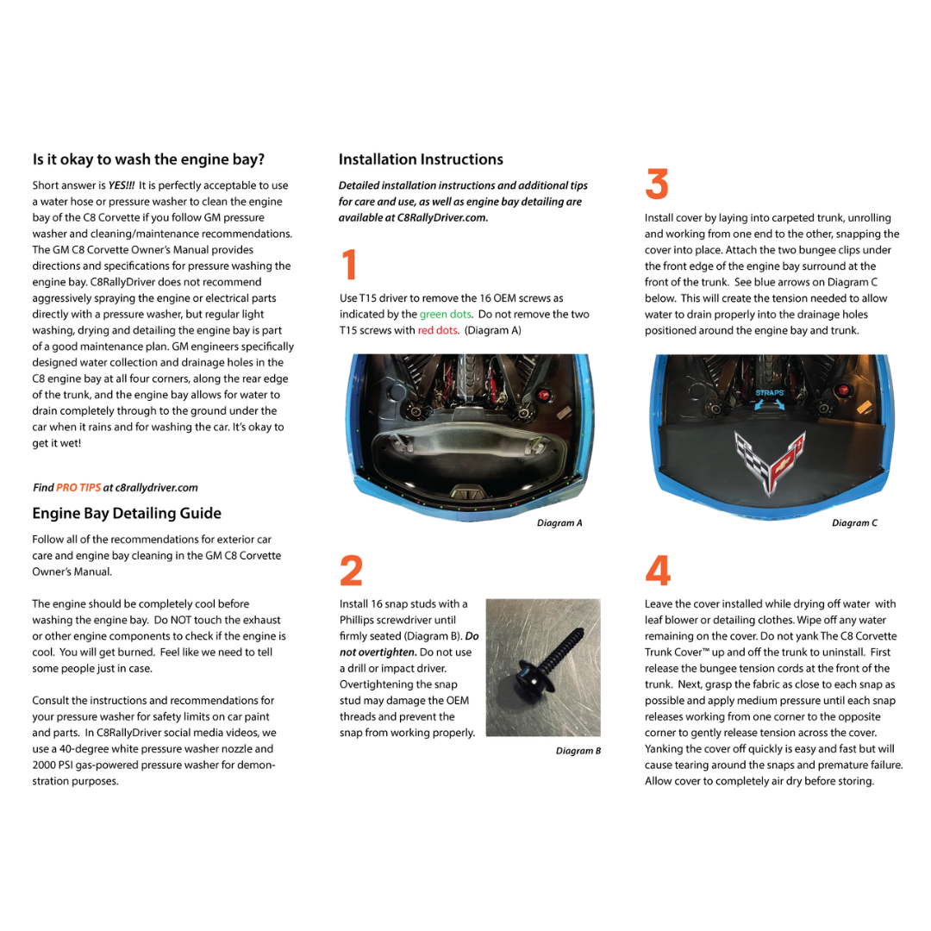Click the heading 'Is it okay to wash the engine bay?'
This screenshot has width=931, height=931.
[148, 159]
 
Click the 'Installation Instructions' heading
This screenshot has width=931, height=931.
[421, 159]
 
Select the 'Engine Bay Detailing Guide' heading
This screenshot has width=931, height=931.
[127, 514]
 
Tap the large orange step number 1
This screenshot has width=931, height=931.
[348, 265]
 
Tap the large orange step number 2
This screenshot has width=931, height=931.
[351, 571]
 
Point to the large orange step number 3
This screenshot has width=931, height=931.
[657, 185]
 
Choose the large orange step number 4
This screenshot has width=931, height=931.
[657, 571]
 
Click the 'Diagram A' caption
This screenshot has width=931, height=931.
[559, 523]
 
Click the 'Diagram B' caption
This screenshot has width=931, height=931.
[578, 751]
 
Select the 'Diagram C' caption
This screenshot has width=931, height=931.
[854, 523]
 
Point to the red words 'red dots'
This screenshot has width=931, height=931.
[438, 330]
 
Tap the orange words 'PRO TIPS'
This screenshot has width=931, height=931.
[78, 488]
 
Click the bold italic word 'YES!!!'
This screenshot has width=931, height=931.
[122, 185]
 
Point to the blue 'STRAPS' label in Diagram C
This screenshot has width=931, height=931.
[770, 393]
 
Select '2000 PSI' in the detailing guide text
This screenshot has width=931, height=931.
[53, 765]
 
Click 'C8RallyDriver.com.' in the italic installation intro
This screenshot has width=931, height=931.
[443, 218]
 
